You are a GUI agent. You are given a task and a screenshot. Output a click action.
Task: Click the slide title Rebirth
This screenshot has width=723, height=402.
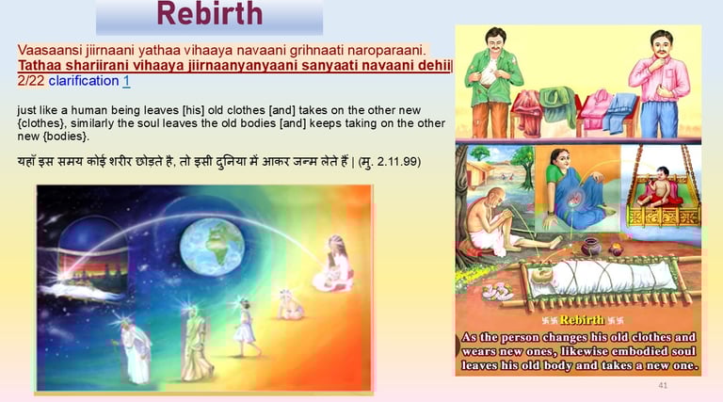[209, 13]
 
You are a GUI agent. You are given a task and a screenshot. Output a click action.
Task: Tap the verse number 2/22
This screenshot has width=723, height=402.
[31, 81]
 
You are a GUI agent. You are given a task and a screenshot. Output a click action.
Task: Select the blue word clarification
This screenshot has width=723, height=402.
[84, 81]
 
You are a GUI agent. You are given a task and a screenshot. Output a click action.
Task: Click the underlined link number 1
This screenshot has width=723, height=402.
[126, 81]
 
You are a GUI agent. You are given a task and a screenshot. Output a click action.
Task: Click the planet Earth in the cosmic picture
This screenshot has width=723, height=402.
[212, 247]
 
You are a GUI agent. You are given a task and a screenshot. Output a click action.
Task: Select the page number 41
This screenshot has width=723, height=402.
[663, 385]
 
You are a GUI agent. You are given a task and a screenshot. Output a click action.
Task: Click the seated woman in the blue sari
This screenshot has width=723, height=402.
[576, 189]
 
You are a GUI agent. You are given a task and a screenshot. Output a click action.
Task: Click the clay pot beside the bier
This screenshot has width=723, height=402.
[591, 247]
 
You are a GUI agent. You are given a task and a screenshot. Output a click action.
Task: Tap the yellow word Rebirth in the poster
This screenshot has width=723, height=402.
[582, 320]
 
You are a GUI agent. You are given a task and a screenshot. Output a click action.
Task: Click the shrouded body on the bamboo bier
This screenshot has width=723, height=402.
[600, 278]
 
